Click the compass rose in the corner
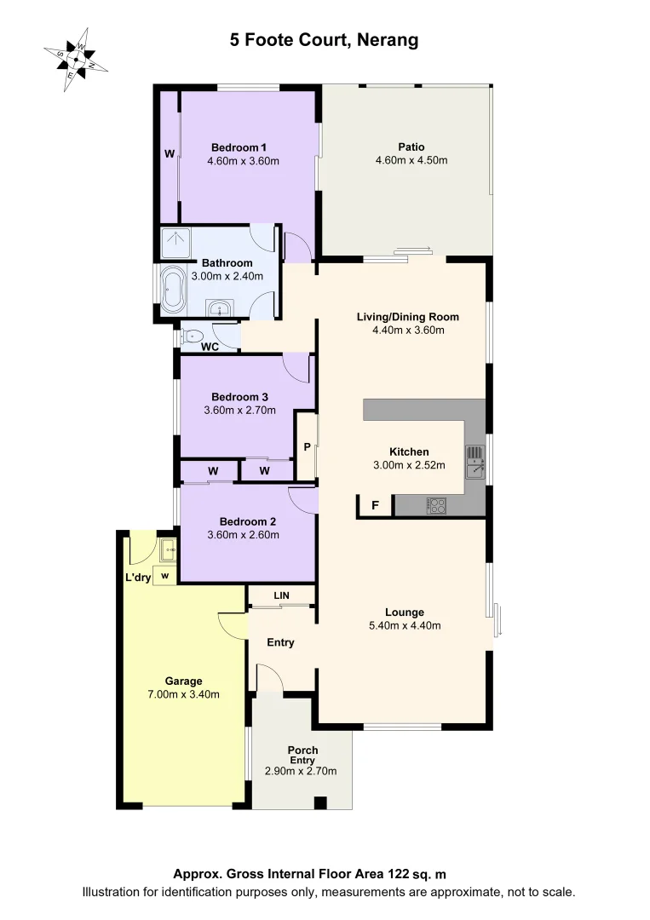click(75, 58)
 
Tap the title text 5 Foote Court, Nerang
click(324, 40)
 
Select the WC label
click(210, 347)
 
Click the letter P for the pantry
click(307, 447)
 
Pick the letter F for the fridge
click(374, 506)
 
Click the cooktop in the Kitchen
click(437, 506)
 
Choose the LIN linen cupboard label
click(281, 595)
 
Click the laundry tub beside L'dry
click(166, 549)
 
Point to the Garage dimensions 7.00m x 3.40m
click(183, 693)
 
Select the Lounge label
click(404, 612)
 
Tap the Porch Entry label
click(302, 756)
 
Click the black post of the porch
click(319, 802)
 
